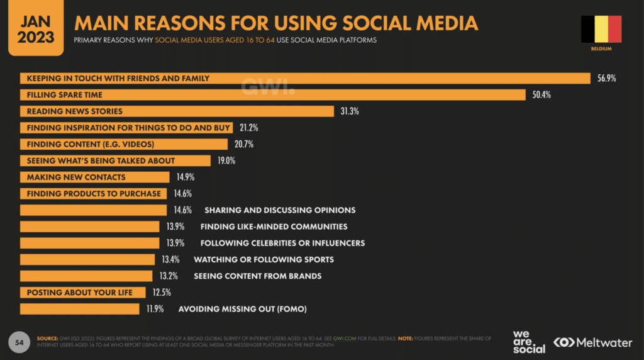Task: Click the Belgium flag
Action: [x=601, y=29]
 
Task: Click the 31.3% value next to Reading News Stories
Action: [x=349, y=111]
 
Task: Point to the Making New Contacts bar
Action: [x=94, y=177]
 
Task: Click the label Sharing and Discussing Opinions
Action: [x=280, y=210]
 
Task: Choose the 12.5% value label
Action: [x=161, y=293]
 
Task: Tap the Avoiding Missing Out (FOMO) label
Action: [x=243, y=309]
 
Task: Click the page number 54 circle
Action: [x=18, y=340]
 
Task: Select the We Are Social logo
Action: [x=529, y=341]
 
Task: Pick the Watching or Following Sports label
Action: [x=264, y=259]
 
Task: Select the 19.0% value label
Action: [x=226, y=161]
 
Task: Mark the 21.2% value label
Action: [x=248, y=128]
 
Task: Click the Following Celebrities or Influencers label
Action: [x=282, y=243]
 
